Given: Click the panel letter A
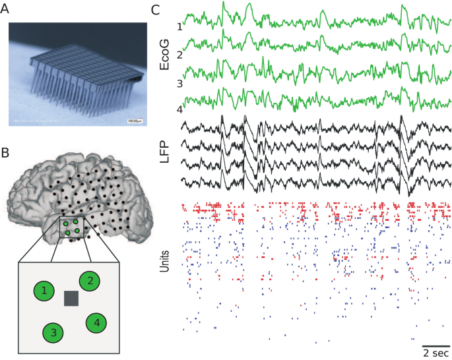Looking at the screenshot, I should pyautogui.click(x=6, y=9).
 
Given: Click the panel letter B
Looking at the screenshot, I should pyautogui.click(x=6, y=153).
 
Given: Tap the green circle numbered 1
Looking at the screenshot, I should pyautogui.click(x=44, y=291).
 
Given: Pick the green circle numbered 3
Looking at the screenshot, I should pyautogui.click(x=53, y=333).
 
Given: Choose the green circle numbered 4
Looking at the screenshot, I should pyautogui.click(x=96, y=322).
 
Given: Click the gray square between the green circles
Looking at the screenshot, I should pyautogui.click(x=72, y=299).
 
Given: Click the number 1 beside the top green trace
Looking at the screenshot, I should pyautogui.click(x=179, y=26).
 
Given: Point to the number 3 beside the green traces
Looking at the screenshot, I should pyautogui.click(x=179, y=84).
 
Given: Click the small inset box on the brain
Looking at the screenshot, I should pyautogui.click(x=73, y=228).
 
